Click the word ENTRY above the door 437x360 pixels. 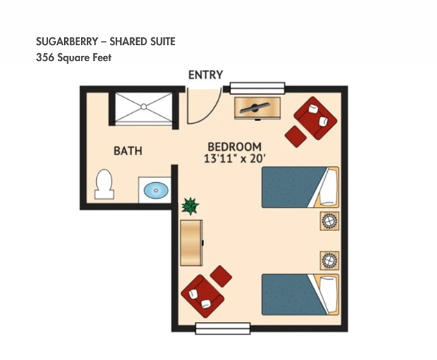point(205,75)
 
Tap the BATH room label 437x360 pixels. point(127,152)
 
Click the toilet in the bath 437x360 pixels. point(103,184)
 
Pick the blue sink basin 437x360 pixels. point(155,192)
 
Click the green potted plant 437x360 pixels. point(191,206)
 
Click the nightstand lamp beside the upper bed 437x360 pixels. point(329,221)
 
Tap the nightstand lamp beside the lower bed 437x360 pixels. point(329,259)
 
